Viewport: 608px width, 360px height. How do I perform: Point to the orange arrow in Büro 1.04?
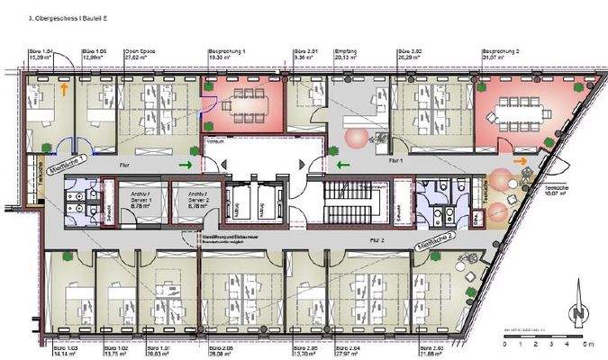click(x=64, y=88)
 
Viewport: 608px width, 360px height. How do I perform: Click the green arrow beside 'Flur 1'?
click(x=344, y=165)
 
